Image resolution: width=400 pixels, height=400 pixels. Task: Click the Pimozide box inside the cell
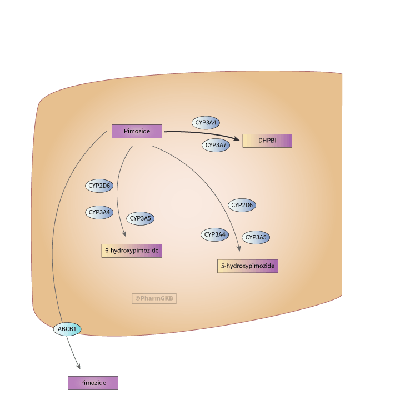tap(137, 131)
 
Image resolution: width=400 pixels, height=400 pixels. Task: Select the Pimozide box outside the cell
tap(93, 383)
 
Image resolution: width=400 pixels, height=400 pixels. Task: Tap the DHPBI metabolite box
tap(267, 141)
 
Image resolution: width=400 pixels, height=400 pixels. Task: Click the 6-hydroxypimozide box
tap(132, 251)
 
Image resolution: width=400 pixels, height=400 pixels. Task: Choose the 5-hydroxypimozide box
tap(247, 266)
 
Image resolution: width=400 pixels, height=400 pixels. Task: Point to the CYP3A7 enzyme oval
tap(216, 145)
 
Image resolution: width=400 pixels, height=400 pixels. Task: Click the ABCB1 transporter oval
tap(67, 329)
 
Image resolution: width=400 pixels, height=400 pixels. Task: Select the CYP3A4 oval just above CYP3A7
tap(206, 123)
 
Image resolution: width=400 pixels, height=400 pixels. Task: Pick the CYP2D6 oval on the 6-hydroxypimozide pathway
tap(99, 186)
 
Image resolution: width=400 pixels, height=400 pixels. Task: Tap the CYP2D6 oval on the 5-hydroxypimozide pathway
tap(242, 205)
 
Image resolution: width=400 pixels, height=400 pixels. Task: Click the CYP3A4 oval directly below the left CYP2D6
tap(99, 212)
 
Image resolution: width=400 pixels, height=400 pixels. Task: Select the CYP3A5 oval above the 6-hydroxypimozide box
tap(140, 219)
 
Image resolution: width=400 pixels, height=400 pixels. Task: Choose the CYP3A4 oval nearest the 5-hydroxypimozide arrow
tap(214, 234)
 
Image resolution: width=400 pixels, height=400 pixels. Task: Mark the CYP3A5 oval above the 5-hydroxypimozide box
tap(256, 237)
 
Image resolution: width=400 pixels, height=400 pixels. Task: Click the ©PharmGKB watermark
tap(154, 298)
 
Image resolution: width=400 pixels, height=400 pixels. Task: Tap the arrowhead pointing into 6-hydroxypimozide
tap(124, 235)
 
